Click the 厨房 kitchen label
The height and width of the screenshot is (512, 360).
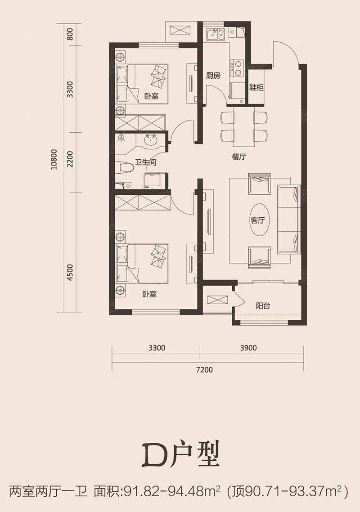pos(213,76)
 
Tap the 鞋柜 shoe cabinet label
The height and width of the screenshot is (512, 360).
pos(256,88)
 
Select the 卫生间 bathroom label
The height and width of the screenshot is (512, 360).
pos(145,162)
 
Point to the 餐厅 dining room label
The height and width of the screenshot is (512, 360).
pos(239,157)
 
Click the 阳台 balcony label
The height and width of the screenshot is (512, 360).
pos(263,306)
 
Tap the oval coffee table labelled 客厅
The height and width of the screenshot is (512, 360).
pos(258,220)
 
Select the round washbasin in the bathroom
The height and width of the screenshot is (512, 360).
pos(151,141)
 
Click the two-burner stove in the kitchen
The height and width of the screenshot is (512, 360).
pos(237,67)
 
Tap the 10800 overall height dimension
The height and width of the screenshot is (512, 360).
pos(54,159)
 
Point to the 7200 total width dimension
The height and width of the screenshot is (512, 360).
pos(204,370)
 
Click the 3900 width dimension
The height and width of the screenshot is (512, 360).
pos(248,348)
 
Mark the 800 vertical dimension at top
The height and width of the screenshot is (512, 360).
pos(70,34)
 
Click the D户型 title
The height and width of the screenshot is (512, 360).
pos(180,455)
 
